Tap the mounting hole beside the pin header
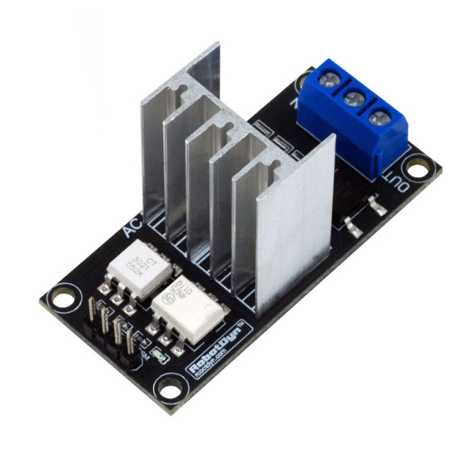[62, 296]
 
